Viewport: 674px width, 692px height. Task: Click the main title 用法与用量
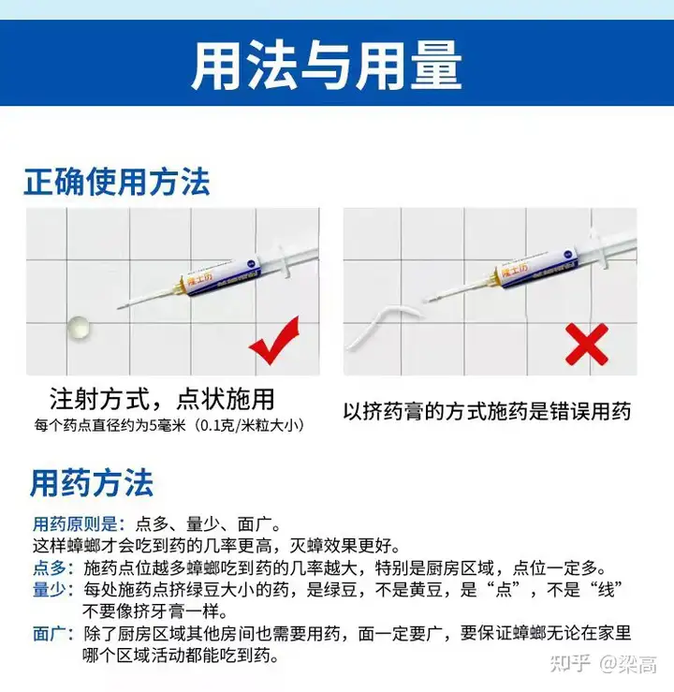pos(327,65)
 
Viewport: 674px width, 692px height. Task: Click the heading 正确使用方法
pos(117,182)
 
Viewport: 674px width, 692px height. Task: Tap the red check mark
pos(274,340)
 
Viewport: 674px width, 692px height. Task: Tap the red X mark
pos(587,345)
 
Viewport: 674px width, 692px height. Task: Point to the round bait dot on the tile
pos(80,329)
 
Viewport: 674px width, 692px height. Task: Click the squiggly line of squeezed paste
pos(383,325)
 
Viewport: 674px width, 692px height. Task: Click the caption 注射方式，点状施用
pos(162,400)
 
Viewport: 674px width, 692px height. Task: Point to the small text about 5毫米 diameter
pos(169,425)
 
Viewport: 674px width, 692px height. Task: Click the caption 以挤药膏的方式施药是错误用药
pos(487,411)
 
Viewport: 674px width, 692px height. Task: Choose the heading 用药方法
pos(92,483)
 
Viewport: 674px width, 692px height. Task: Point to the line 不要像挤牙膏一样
pos(155,611)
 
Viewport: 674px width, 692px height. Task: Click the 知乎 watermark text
pos(570,664)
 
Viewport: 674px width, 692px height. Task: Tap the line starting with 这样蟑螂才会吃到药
pos(216,546)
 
